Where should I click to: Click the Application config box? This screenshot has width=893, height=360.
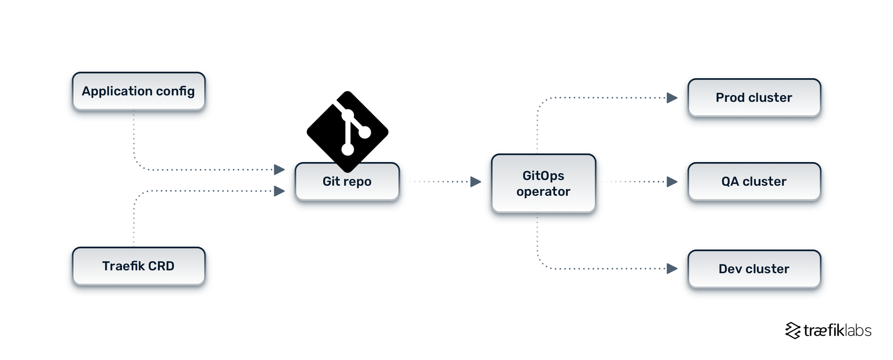click(138, 91)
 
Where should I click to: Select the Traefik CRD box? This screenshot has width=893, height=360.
click(138, 266)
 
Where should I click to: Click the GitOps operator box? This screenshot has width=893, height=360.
click(543, 183)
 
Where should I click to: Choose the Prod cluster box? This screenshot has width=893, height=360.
click(754, 98)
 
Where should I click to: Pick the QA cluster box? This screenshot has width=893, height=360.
click(754, 181)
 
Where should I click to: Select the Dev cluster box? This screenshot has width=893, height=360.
click(754, 269)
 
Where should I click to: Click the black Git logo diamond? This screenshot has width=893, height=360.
click(347, 130)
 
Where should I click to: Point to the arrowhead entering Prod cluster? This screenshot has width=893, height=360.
click(672, 98)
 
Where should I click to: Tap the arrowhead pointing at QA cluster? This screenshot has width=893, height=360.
click(672, 182)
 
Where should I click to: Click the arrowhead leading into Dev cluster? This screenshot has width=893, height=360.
click(672, 269)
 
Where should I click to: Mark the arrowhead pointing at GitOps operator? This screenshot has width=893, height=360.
click(476, 182)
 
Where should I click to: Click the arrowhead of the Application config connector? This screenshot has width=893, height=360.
click(280, 170)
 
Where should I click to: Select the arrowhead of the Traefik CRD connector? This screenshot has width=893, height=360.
click(280, 191)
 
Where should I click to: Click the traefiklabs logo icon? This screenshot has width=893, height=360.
click(793, 331)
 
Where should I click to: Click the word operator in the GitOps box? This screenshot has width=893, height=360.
click(543, 192)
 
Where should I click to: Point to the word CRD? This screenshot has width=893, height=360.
click(161, 266)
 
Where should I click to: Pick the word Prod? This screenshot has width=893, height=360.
click(730, 98)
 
